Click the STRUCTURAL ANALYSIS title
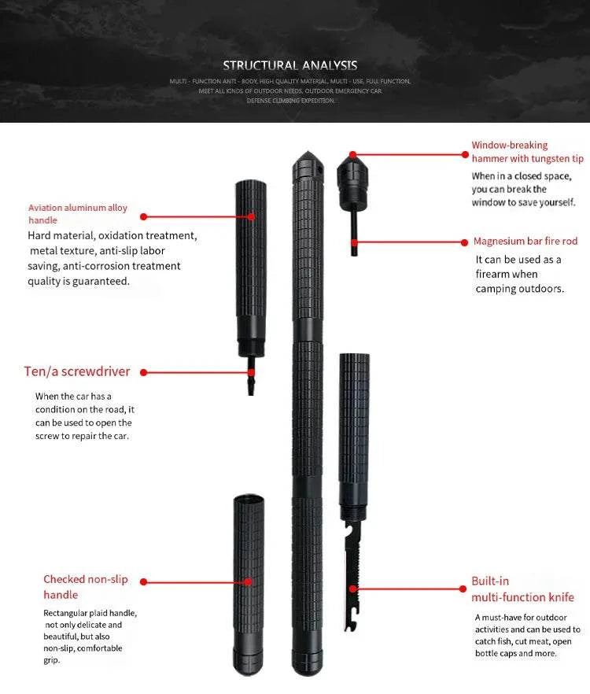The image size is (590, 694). click(x=289, y=65)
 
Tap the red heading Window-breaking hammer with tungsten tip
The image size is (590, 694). click(x=527, y=152)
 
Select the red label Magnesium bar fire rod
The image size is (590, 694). click(x=525, y=242)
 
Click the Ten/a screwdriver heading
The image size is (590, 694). click(x=77, y=371)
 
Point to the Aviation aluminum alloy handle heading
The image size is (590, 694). click(x=78, y=214)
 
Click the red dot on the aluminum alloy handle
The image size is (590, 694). click(x=253, y=216)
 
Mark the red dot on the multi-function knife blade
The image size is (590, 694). click(x=353, y=588)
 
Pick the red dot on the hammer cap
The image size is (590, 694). click(x=353, y=155)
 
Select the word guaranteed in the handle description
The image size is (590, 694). click(x=98, y=281)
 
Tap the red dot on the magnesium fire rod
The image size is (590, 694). click(x=354, y=242)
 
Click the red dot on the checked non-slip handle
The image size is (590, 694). click(x=249, y=583)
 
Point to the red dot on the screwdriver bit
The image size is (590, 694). click(x=251, y=372)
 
